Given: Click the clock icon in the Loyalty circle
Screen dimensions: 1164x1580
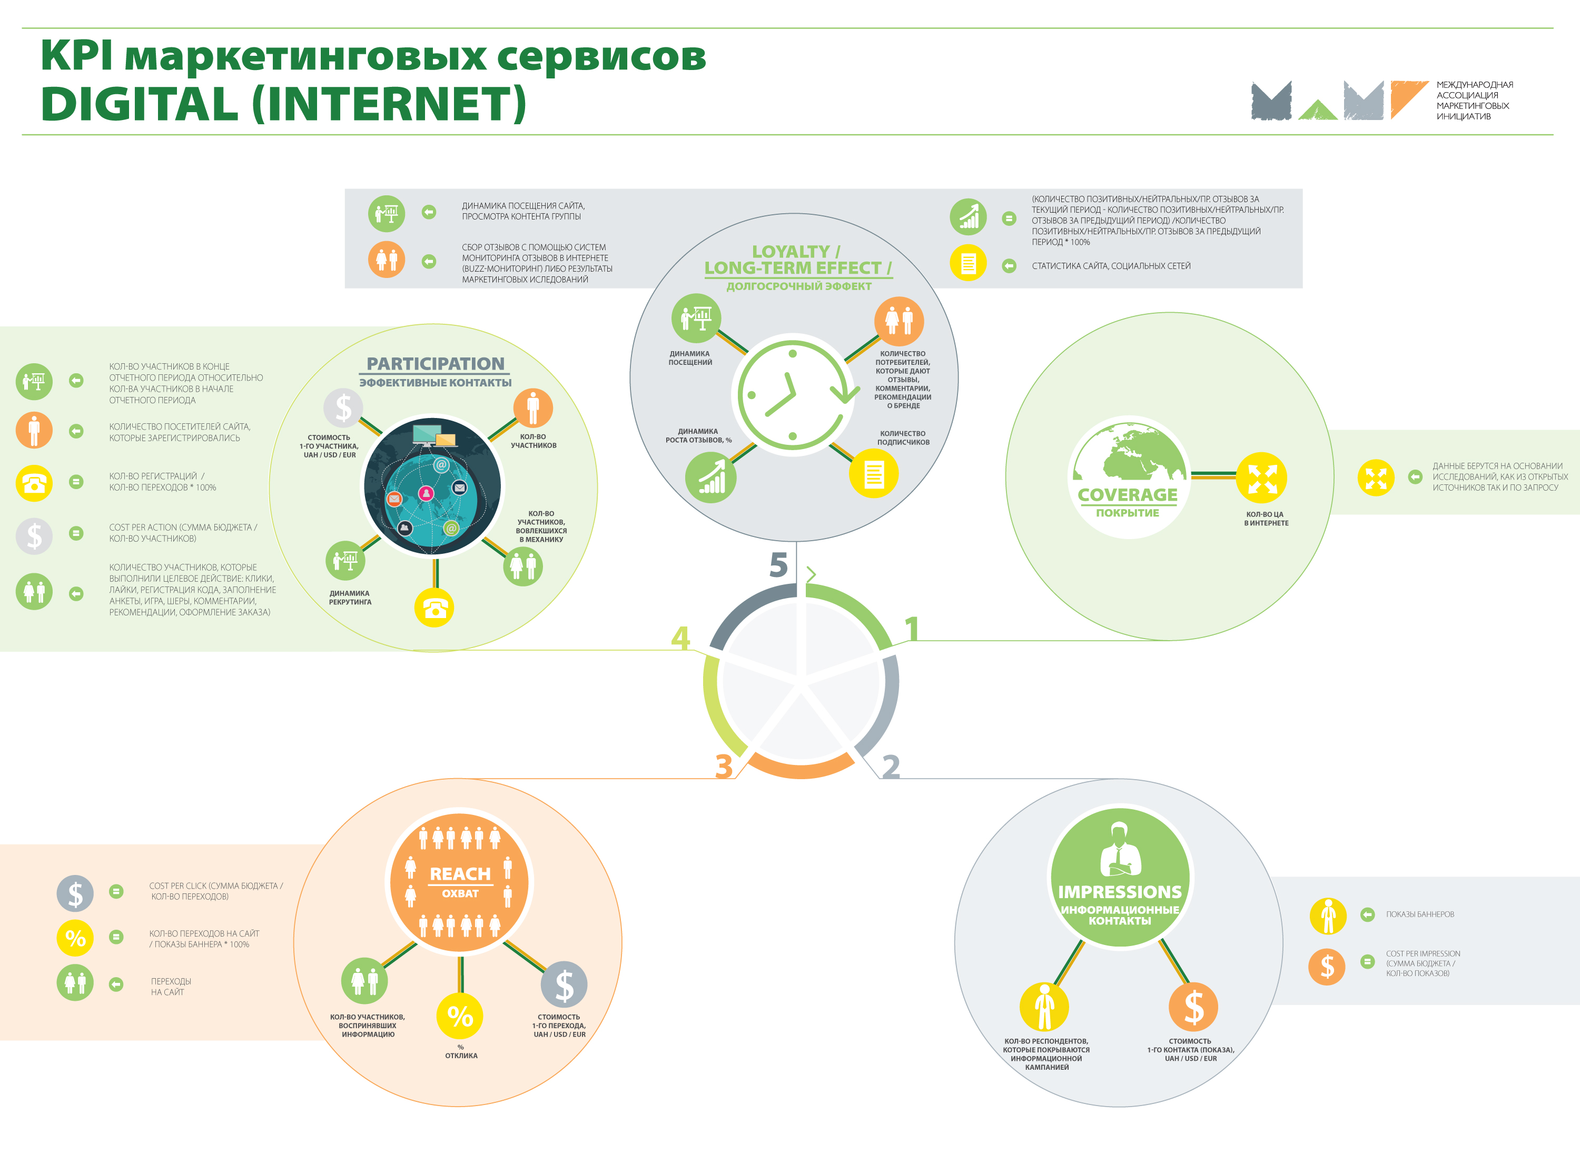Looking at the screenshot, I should click(x=794, y=395).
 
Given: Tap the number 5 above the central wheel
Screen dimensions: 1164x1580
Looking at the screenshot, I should click(x=778, y=565).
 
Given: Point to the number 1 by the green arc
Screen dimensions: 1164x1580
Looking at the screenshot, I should click(x=912, y=629).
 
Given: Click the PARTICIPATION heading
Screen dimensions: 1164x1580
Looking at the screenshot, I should click(x=436, y=364).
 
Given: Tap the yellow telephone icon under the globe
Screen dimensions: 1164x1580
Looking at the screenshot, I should click(x=434, y=608).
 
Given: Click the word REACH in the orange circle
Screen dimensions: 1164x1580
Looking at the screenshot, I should click(x=460, y=874).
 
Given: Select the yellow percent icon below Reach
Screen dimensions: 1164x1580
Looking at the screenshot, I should click(x=460, y=1016).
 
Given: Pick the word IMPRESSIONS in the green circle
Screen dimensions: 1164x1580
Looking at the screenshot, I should click(x=1120, y=892).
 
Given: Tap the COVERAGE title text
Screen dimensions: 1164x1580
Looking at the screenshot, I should click(x=1128, y=495).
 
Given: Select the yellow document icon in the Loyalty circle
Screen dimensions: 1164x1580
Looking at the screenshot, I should click(x=874, y=474).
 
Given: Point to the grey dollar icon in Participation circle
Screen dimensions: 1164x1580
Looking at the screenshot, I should click(x=343, y=407).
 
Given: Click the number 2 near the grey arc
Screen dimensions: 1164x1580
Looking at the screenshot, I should click(x=891, y=767).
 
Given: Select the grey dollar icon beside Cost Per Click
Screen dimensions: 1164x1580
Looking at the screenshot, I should click(x=75, y=893).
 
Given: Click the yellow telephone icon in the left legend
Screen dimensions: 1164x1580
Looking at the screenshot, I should click(x=34, y=483).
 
